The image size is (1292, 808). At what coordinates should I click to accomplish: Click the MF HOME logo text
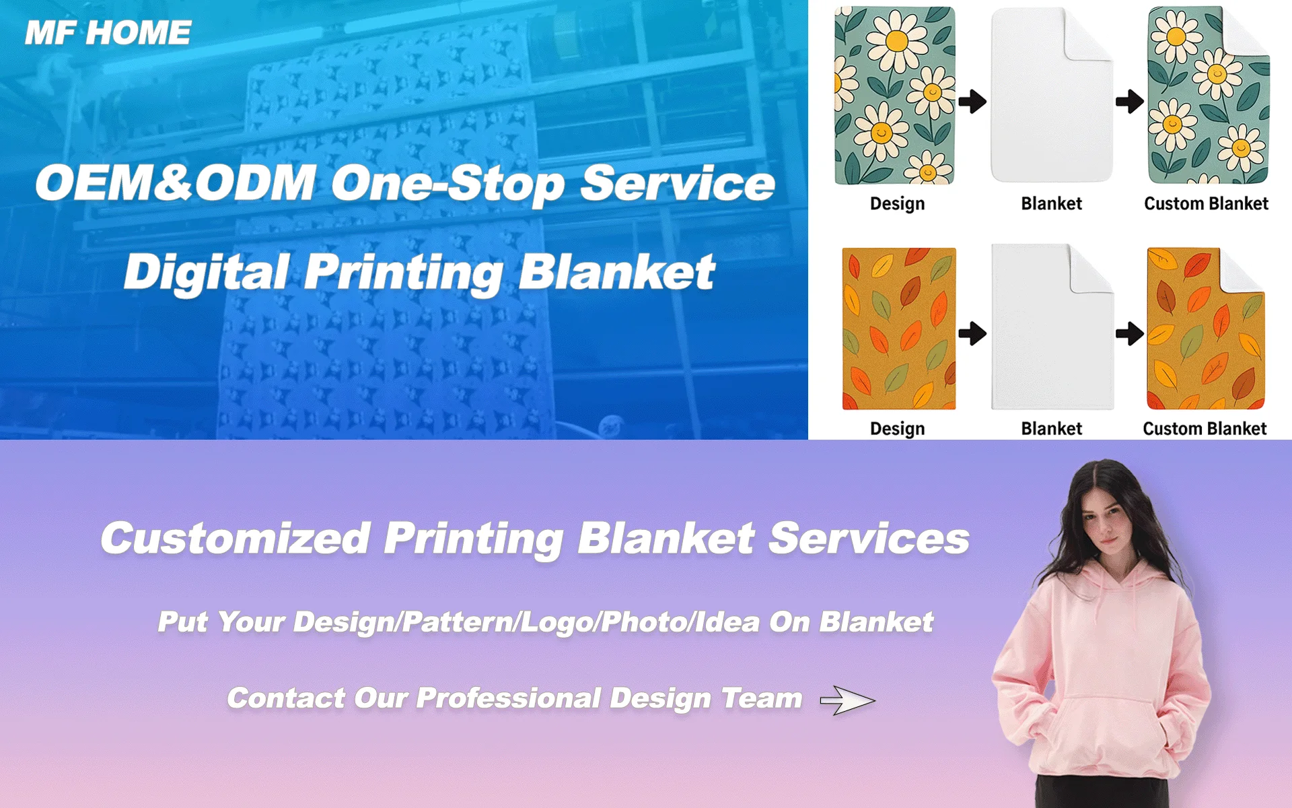coord(108,33)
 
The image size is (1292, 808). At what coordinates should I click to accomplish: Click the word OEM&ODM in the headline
coord(176,182)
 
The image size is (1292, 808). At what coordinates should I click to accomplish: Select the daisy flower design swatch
coord(895,96)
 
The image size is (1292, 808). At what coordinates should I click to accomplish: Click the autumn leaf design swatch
coord(899,329)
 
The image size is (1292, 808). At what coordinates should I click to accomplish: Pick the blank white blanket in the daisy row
coord(1051,95)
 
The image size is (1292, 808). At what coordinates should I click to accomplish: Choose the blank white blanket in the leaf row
coord(1052,327)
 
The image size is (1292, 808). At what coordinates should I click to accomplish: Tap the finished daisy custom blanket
coord(1209,96)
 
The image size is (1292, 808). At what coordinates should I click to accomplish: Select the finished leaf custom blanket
coord(1206,329)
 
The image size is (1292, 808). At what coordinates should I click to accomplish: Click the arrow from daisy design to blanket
coord(972,102)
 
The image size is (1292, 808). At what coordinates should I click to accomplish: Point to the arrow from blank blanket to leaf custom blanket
coord(1129,333)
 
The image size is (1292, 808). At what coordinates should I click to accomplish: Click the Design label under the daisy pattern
coord(897,203)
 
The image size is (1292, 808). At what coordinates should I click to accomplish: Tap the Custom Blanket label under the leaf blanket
coord(1205,428)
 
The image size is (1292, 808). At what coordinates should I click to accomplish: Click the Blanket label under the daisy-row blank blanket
coord(1051,203)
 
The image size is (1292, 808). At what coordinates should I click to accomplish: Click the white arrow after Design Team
coord(848,700)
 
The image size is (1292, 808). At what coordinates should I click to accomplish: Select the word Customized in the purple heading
coord(236,539)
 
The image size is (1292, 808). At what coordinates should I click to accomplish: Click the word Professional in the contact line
coord(509,698)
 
